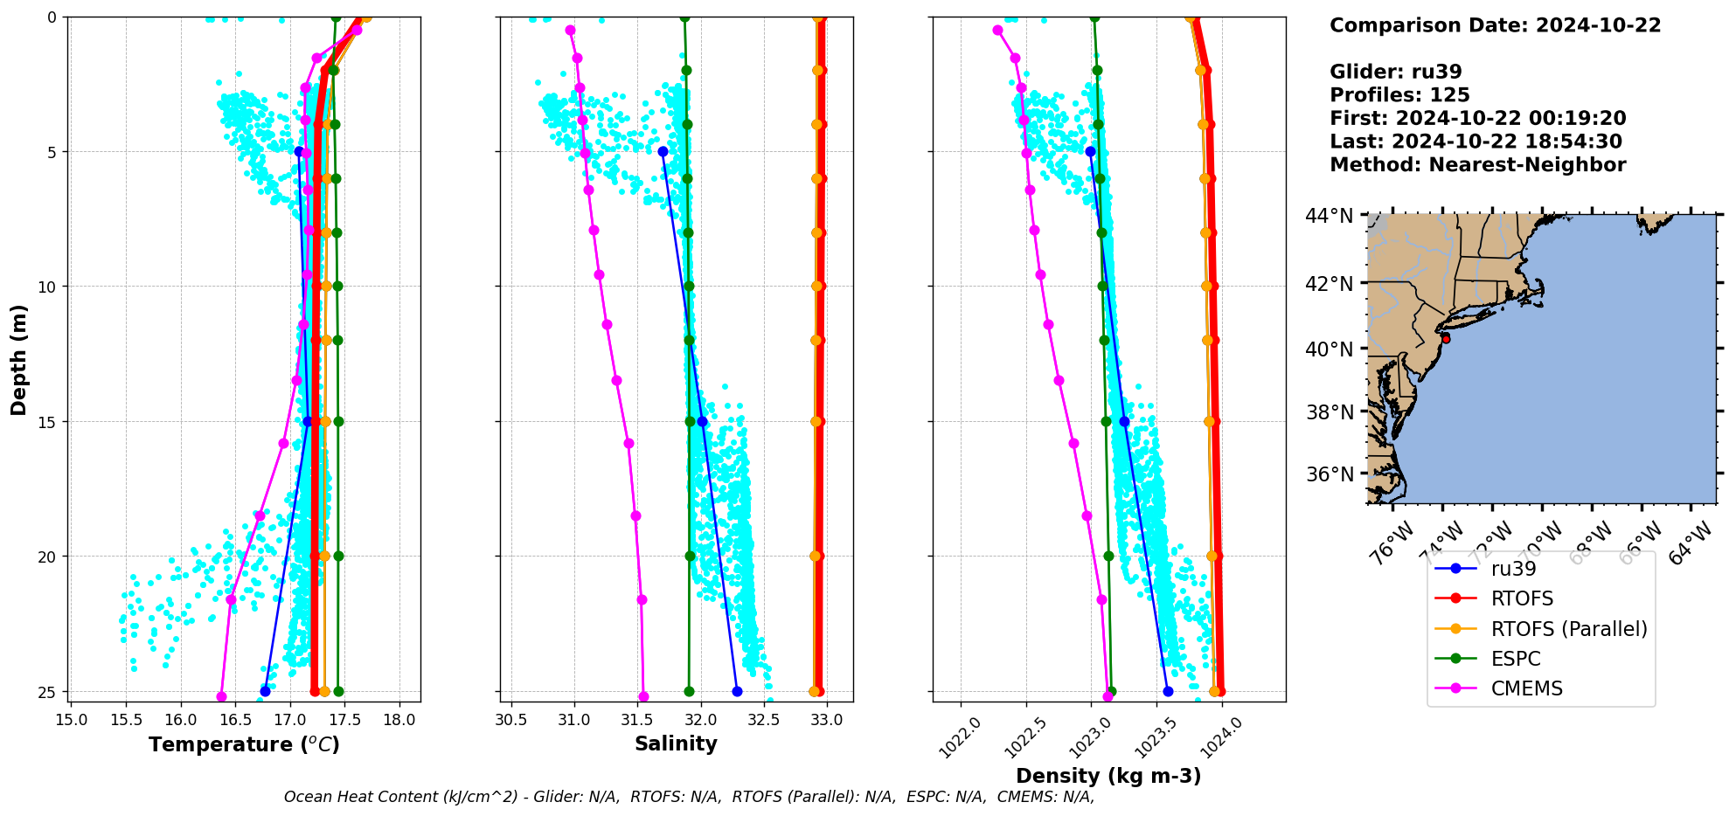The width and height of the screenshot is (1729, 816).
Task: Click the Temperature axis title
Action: [244, 744]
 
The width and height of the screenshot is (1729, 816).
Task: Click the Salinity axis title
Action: [676, 743]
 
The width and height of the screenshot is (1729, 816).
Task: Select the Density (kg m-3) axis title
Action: [1108, 776]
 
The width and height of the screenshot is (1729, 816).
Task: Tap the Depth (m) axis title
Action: [18, 360]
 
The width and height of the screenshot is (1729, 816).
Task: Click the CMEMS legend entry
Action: [1526, 688]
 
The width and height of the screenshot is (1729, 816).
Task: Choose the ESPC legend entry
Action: [1515, 659]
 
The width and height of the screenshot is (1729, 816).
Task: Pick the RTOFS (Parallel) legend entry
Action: [1568, 629]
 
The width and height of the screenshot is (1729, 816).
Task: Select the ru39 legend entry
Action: [1513, 569]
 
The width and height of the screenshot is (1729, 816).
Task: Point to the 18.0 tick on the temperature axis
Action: [399, 720]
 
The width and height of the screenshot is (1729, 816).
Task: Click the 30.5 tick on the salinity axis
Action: [511, 720]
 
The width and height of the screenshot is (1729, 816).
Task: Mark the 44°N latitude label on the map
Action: [1329, 216]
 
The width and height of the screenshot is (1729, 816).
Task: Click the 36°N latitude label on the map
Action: [1329, 474]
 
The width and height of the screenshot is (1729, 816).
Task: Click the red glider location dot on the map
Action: [1445, 338]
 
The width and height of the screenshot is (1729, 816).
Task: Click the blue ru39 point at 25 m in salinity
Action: [737, 691]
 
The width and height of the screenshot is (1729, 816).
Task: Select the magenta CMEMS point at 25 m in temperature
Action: [221, 696]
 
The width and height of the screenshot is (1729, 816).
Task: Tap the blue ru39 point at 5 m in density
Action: [1090, 151]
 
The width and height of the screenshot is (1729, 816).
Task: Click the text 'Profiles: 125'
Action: [1399, 95]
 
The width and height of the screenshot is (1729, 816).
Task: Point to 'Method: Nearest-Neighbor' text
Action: [1477, 164]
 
